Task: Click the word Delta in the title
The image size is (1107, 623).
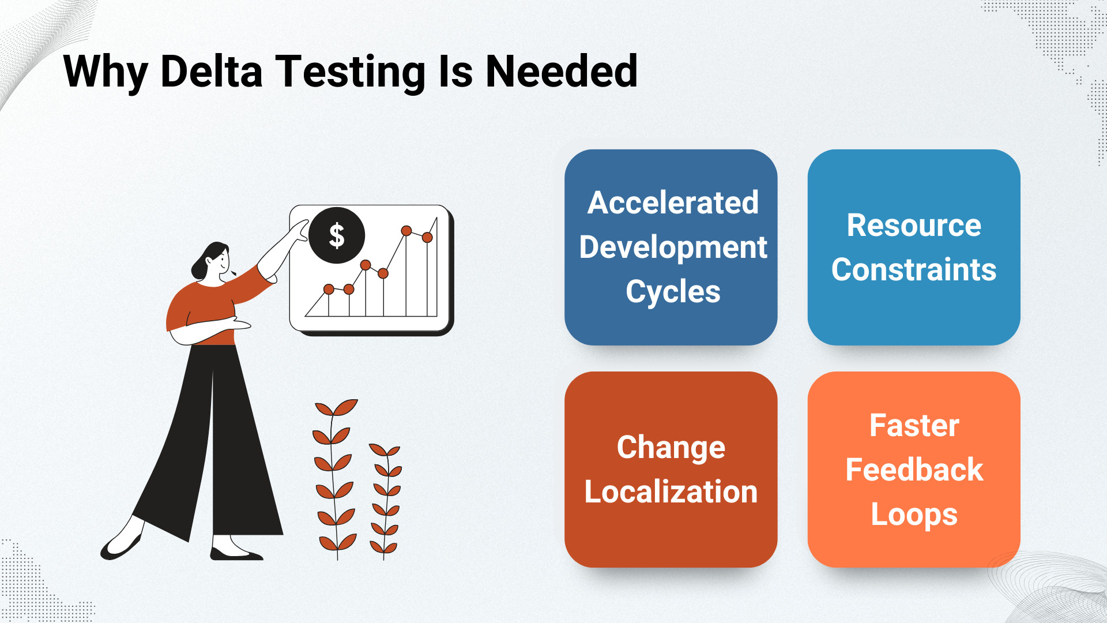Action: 212,72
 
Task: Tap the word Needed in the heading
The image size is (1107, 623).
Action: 562,72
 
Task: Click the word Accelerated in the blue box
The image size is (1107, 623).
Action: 673,202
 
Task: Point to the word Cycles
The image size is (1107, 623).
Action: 673,292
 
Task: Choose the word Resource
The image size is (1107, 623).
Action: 914,225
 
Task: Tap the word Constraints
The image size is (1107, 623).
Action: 914,269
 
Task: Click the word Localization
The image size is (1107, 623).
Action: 671,491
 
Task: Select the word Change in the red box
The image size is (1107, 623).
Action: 671,448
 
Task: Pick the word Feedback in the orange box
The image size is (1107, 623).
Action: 914,470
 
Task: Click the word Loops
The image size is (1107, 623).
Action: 914,515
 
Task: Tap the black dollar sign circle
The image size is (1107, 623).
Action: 337,235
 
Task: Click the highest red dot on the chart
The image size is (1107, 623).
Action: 406,231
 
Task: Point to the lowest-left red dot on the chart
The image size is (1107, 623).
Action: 329,289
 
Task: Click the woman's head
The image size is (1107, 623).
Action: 212,262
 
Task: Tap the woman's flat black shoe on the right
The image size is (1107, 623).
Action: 236,554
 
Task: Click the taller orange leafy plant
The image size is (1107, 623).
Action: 335,478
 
